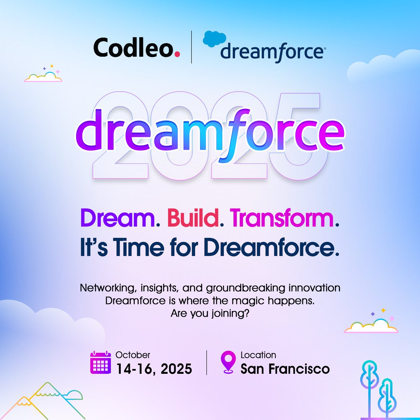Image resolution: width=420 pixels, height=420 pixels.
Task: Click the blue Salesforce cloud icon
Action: [x=213, y=39]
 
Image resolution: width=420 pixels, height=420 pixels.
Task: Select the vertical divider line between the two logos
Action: [x=191, y=47]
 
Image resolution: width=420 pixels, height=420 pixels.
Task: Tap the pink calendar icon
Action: [x=100, y=363]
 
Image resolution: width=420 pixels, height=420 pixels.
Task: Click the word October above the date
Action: [x=133, y=355]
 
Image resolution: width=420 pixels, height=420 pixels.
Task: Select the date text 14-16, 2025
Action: [x=154, y=369]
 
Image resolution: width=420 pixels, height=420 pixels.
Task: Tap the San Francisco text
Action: [x=285, y=369]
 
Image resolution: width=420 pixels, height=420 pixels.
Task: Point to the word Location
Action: [x=258, y=355]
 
